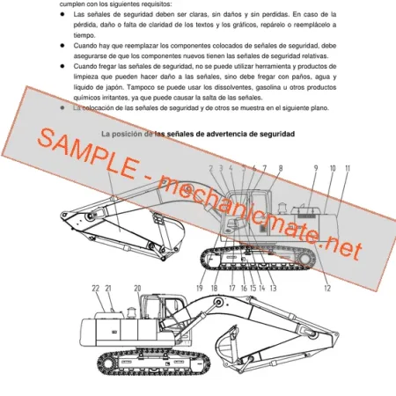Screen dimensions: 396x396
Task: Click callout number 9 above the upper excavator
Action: coord(315,167)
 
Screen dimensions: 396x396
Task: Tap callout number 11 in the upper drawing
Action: coord(348,167)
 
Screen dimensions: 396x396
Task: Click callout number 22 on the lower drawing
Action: coord(95,288)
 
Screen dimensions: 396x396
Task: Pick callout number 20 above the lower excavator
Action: coord(137,288)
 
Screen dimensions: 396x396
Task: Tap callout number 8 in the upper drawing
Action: coord(280,167)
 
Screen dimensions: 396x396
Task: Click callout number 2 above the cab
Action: coord(211,167)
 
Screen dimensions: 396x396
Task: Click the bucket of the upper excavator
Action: coord(72,223)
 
